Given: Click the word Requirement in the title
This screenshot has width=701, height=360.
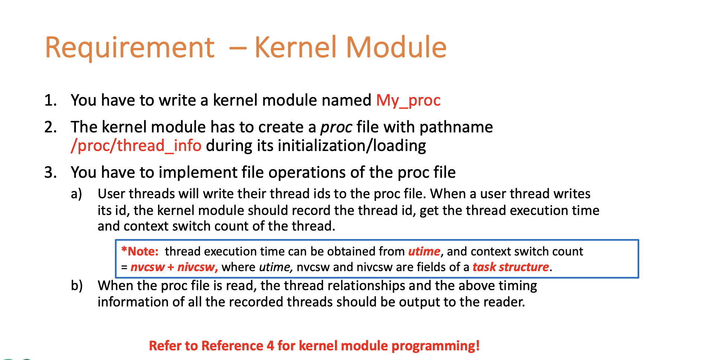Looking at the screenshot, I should click(129, 48).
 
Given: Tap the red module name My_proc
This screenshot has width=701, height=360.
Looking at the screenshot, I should click(408, 100).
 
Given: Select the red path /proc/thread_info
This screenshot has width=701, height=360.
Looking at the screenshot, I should click(136, 145).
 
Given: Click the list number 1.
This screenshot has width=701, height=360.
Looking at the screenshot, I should click(50, 100).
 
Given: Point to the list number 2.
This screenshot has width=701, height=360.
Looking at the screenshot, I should click(50, 127).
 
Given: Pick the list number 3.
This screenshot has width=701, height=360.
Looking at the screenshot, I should click(50, 173).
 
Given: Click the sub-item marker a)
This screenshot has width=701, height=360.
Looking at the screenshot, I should click(76, 194).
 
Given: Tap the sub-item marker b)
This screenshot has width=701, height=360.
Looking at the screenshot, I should click(76, 286).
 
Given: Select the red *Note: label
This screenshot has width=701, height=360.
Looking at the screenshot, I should click(140, 251).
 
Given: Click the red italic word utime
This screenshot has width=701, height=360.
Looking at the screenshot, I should click(424, 251).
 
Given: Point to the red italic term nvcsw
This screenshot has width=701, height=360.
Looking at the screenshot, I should click(147, 267).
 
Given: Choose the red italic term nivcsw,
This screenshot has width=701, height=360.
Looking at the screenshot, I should click(197, 267).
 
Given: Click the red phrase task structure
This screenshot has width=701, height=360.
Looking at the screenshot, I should click(510, 267).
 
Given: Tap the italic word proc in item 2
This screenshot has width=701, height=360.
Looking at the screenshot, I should click(336, 127).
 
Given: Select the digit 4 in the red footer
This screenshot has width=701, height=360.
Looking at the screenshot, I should click(270, 346).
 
